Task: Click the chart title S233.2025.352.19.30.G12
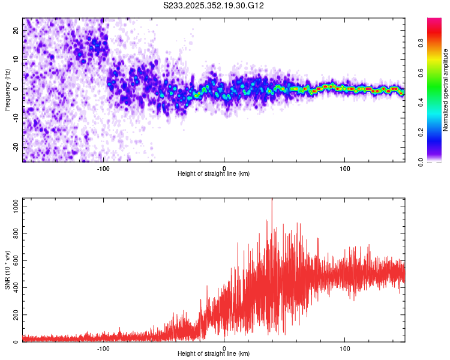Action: click(214, 6)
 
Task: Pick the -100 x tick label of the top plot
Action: click(103, 168)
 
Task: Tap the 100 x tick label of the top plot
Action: click(345, 168)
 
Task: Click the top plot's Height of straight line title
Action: click(214, 174)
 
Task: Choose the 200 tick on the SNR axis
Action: click(14, 315)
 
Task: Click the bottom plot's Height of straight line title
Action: click(214, 354)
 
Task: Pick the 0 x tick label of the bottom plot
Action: click(224, 348)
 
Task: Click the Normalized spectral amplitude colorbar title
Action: click(446, 90)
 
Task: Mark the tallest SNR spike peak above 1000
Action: click(272, 200)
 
